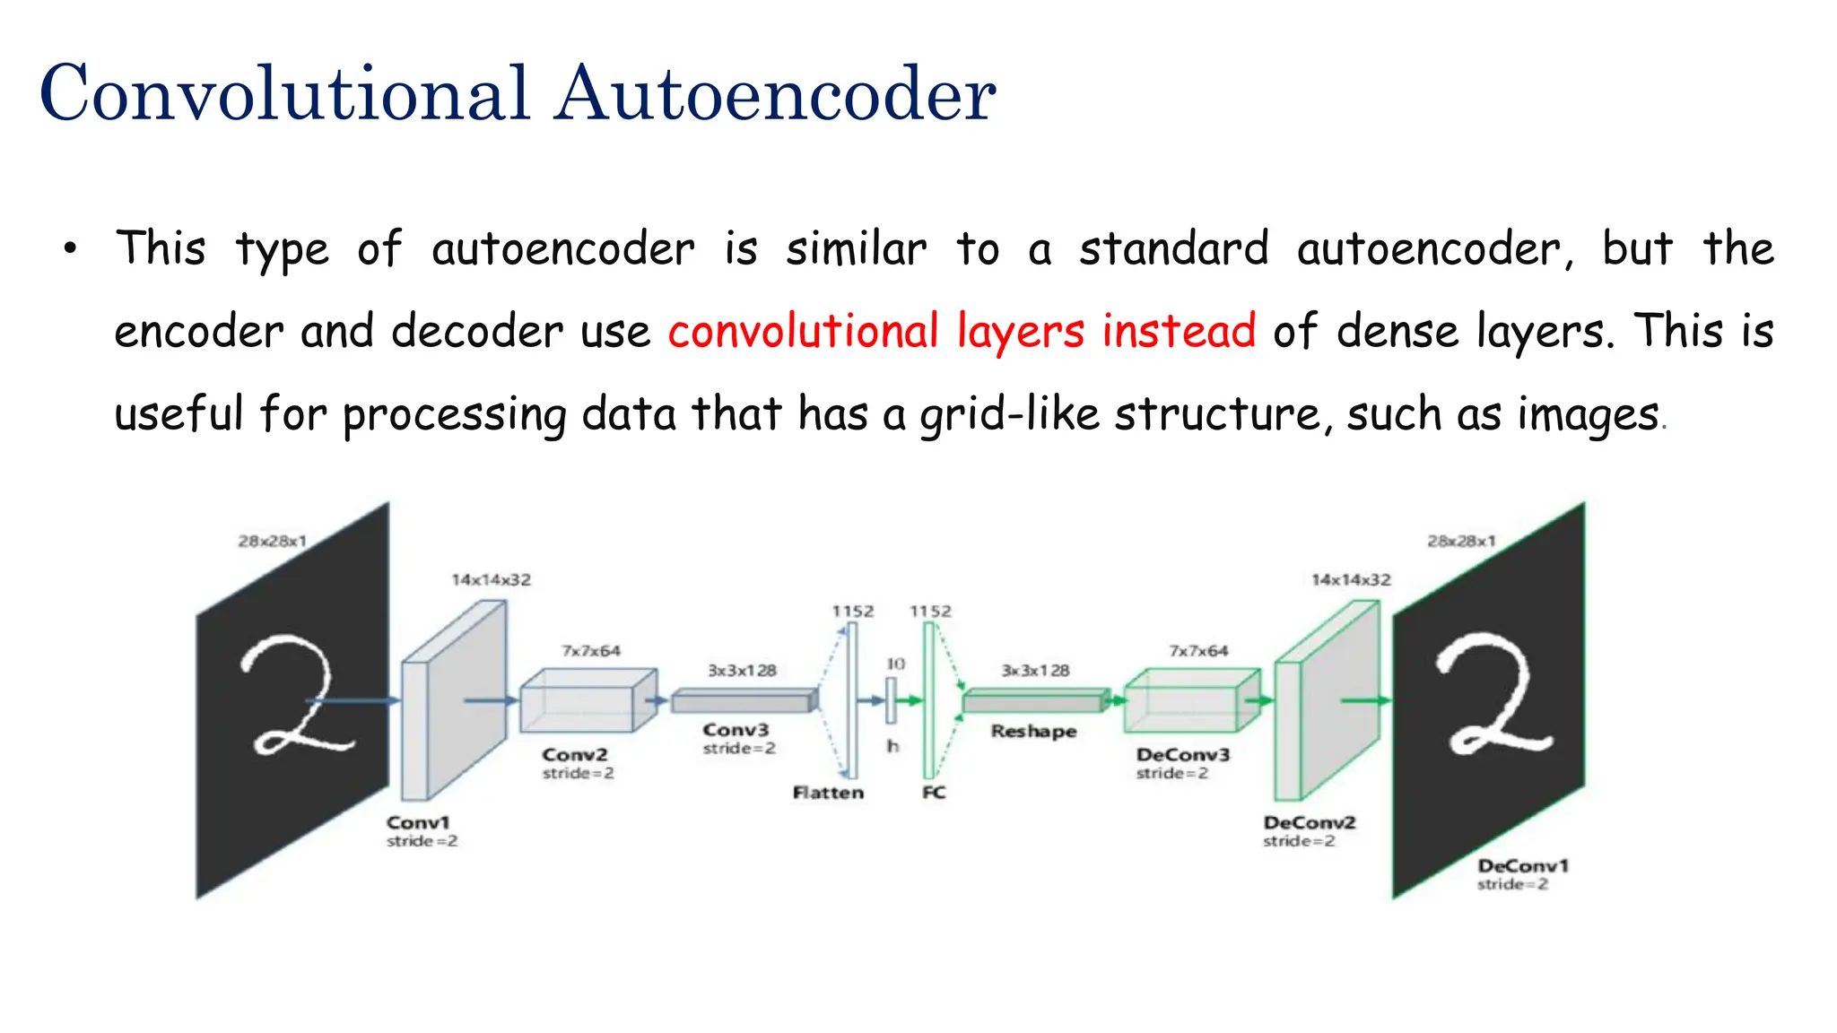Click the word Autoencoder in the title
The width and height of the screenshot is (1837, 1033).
(x=775, y=93)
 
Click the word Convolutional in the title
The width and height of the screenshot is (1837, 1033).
(x=284, y=93)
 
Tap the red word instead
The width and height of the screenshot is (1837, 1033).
(x=1178, y=330)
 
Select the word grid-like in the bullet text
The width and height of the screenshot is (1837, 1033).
(x=1009, y=414)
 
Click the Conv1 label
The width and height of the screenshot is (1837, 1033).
(x=418, y=822)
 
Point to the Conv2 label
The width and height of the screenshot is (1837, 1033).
(x=575, y=755)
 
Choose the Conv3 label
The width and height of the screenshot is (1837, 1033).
(x=736, y=730)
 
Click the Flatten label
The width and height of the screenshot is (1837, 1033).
(x=828, y=793)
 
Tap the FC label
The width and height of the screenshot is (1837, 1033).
(x=934, y=793)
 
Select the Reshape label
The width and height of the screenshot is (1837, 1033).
(x=1033, y=731)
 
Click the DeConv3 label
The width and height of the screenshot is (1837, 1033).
(x=1182, y=755)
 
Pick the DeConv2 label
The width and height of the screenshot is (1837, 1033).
(x=1309, y=822)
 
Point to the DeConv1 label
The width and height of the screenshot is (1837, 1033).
(x=1522, y=865)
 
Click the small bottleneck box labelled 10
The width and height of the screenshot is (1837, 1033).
(x=892, y=700)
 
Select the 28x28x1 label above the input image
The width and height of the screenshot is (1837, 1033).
(x=272, y=541)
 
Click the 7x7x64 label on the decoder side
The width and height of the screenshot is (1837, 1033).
(x=1198, y=650)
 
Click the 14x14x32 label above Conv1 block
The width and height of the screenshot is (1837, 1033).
(x=491, y=580)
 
